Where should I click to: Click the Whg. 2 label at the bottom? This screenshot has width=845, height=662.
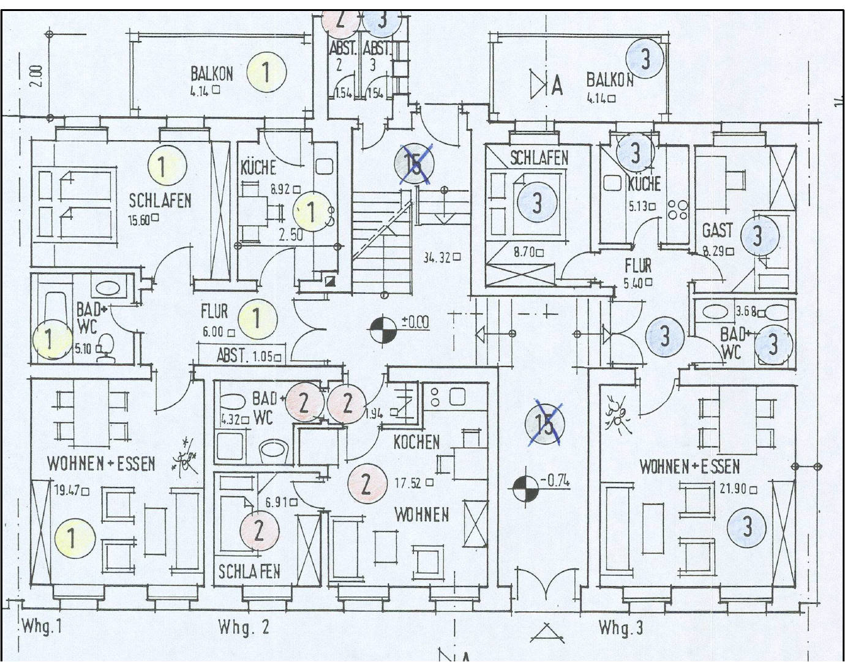(244, 628)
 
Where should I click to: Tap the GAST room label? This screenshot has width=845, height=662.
(717, 231)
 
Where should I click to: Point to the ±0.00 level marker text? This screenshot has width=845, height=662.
(415, 322)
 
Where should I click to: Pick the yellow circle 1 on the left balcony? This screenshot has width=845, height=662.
(266, 72)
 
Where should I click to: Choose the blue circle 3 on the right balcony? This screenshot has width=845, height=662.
(645, 60)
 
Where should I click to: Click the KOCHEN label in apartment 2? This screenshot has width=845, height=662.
(416, 441)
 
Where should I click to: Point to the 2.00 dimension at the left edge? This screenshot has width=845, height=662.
(37, 76)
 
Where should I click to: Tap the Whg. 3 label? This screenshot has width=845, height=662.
(620, 628)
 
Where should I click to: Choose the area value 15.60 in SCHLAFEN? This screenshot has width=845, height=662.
(140, 220)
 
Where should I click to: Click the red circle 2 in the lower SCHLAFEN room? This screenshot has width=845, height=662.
(258, 530)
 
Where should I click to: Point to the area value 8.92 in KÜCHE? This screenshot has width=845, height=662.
(282, 190)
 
